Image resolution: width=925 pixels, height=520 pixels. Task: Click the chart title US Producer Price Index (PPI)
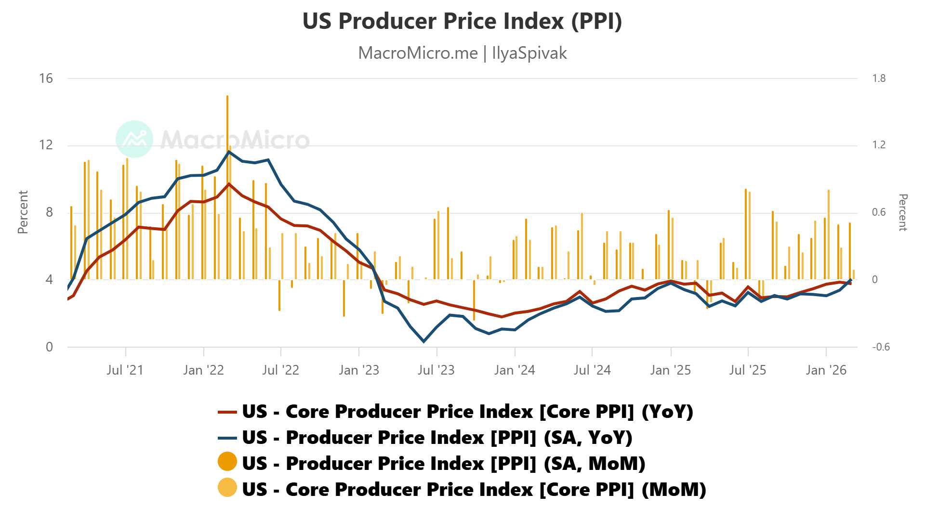(462, 21)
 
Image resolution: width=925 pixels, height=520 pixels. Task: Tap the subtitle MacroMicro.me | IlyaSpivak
(462, 53)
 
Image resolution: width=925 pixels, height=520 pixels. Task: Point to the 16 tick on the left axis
(46, 78)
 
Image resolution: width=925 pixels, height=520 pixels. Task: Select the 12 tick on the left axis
(46, 145)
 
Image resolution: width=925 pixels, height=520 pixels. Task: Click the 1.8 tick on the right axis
(879, 78)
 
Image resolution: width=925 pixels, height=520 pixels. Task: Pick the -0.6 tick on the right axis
(881, 347)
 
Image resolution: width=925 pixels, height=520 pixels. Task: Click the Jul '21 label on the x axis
(125, 370)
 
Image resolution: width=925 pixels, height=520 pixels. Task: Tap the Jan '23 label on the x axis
(358, 370)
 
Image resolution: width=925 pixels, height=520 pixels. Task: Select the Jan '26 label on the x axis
(826, 370)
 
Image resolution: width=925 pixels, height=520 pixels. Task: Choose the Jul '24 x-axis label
(592, 370)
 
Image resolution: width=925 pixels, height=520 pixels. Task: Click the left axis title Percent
(23, 212)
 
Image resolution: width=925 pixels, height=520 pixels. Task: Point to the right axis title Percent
(902, 212)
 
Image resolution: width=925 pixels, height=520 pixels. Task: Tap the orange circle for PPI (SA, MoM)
(227, 462)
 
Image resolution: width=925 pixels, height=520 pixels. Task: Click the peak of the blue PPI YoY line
(228, 152)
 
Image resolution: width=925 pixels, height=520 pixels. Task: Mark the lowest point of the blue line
(424, 341)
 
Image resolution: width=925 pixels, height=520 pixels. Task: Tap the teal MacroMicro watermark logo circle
(134, 139)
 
